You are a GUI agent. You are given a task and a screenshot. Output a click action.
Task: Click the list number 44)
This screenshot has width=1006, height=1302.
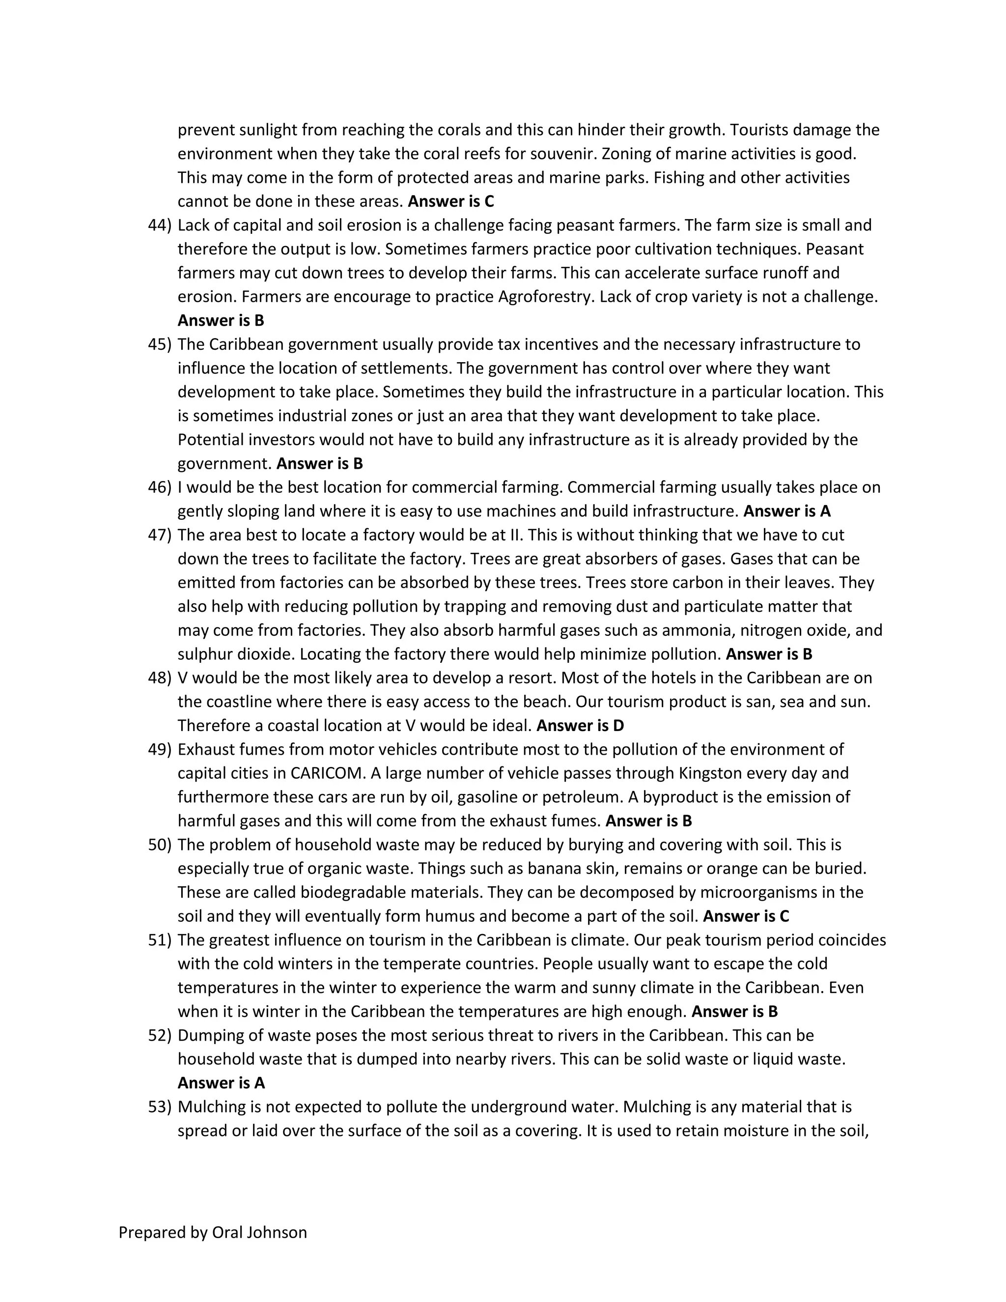point(159,226)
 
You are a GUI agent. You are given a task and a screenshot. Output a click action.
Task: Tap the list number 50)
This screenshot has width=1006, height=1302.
point(159,845)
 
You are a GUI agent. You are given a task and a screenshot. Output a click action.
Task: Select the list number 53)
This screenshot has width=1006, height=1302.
point(159,1106)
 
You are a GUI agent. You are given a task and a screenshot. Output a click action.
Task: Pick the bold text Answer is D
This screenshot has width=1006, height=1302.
point(580,726)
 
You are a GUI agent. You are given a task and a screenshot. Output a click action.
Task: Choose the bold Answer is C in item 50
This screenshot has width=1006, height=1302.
point(746,916)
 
